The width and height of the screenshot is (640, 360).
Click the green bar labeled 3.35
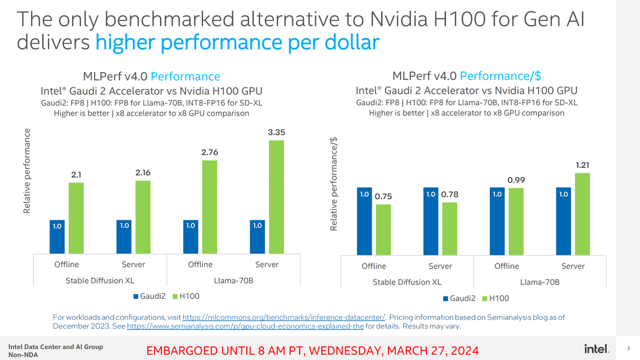point(276,197)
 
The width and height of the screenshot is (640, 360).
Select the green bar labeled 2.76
point(209,207)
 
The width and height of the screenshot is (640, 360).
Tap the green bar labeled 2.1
point(76,218)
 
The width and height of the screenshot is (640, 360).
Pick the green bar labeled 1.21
point(582,213)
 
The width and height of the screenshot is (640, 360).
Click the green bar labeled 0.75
point(383,229)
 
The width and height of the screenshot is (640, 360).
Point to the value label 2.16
point(143,172)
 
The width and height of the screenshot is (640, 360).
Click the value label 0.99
point(516,180)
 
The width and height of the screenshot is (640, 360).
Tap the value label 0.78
point(450,194)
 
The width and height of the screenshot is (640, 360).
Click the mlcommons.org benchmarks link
point(283,317)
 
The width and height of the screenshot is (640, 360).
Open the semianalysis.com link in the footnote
point(246,326)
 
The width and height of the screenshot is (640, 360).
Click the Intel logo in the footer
point(597,349)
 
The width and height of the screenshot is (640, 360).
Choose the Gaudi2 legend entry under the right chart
point(459,298)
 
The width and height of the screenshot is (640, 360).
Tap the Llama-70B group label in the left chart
point(233,280)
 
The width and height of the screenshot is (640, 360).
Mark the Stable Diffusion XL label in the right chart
point(407,282)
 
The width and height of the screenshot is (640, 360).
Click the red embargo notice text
point(313,350)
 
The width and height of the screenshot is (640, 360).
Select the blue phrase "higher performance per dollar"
point(237,43)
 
